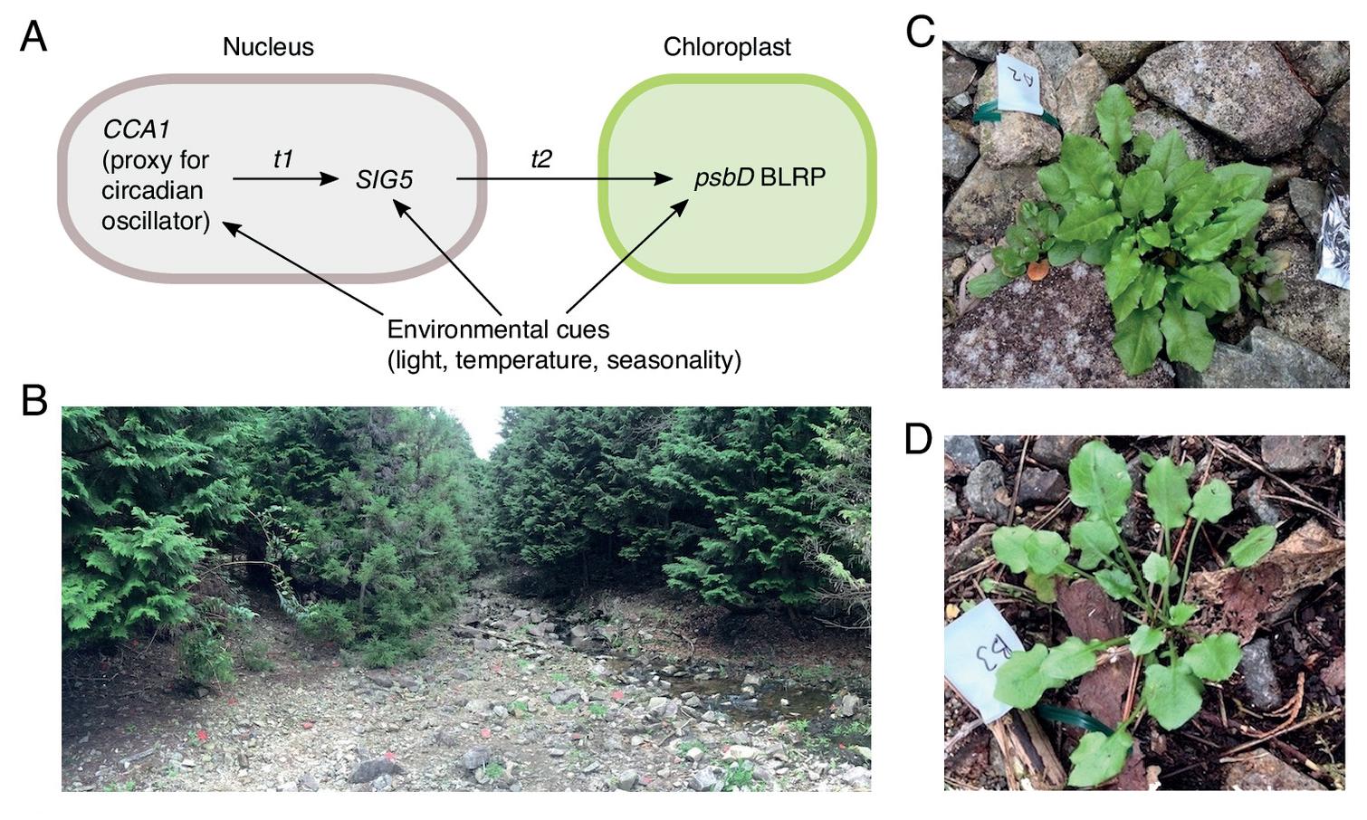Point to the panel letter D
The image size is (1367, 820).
coord(919,439)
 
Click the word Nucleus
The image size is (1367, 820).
coord(268,47)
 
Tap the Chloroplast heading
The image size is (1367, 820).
coord(727,47)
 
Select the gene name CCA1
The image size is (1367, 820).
coord(136,129)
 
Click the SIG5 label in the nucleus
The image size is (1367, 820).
coord(385,179)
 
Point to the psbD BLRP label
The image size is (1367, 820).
coord(760,177)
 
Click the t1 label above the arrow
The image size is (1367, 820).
coord(283,159)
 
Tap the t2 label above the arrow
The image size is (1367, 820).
coord(540,159)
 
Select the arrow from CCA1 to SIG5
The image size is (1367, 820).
coord(285,179)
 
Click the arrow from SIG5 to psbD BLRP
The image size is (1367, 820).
coord(565,179)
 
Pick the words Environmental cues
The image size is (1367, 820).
coord(498,330)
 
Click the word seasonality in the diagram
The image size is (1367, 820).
coord(674,360)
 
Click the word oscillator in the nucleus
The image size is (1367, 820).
coord(156,221)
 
